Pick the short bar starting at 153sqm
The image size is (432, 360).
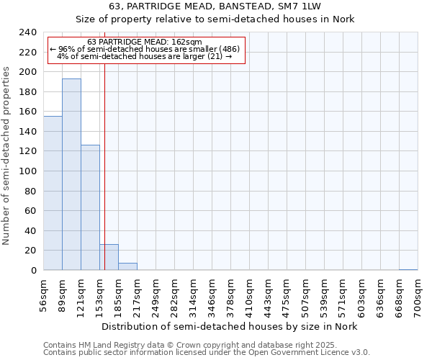pos(109,257)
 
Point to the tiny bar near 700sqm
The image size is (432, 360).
pos(408,269)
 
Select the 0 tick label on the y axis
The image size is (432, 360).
pos(33,271)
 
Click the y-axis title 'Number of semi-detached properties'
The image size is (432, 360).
pos(7,151)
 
